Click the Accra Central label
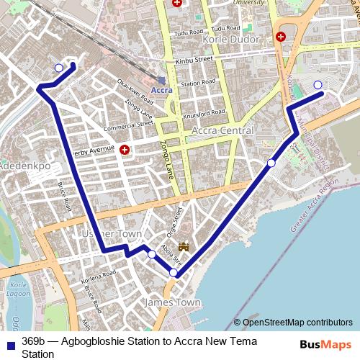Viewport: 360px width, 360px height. tap(222, 130)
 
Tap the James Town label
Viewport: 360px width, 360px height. tap(173, 302)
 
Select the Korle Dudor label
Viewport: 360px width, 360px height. tap(231, 38)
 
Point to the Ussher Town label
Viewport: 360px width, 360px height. tap(107, 234)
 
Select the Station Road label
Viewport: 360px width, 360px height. tap(199, 84)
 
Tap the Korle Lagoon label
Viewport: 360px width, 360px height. tap(19, 291)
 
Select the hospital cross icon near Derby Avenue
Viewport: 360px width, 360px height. tap(125, 150)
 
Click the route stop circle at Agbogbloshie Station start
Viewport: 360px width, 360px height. tap(58, 68)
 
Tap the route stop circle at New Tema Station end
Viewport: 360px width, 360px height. tap(318, 85)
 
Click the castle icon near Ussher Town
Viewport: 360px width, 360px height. tap(184, 247)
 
